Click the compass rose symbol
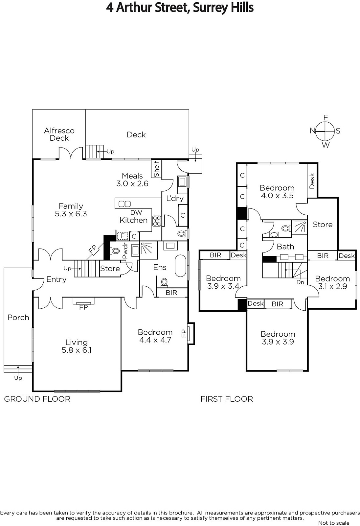pos(325,131)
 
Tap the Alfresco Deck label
pos(59,134)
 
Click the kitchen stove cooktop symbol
pos(157,221)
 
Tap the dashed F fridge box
pos(122,236)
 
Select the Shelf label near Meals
pos(156,169)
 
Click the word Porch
pos(18,318)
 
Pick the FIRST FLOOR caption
pos(227,399)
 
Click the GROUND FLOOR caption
pos(37,399)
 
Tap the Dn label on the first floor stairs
pos(300,282)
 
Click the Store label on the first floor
pos(323,225)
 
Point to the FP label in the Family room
pos(93,249)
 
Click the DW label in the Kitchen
pos(136,212)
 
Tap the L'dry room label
pos(175,199)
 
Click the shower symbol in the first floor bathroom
pos(299,227)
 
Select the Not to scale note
pos(334,523)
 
